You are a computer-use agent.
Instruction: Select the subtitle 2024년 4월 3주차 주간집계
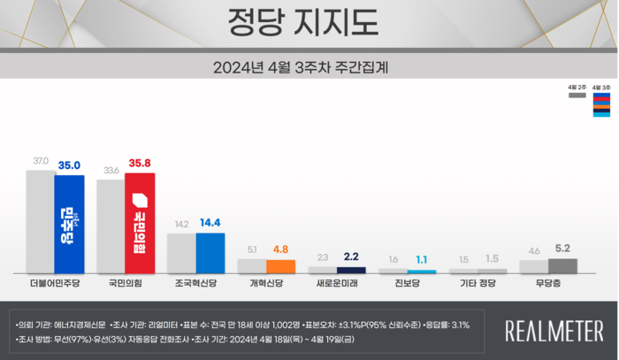[x=309, y=67]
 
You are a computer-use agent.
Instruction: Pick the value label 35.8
[x=141, y=163]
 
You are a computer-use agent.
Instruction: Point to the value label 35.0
[x=70, y=165]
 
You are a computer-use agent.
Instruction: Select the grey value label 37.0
[x=41, y=161]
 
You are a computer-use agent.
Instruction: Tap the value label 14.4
[x=211, y=224]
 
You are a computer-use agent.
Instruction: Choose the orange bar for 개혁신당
[x=280, y=265]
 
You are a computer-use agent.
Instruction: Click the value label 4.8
[x=280, y=249]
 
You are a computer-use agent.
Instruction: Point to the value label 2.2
[x=351, y=257]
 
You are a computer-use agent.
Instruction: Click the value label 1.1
[x=422, y=260]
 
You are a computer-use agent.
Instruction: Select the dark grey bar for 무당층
[x=562, y=265]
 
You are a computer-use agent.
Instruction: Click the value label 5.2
[x=562, y=249]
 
